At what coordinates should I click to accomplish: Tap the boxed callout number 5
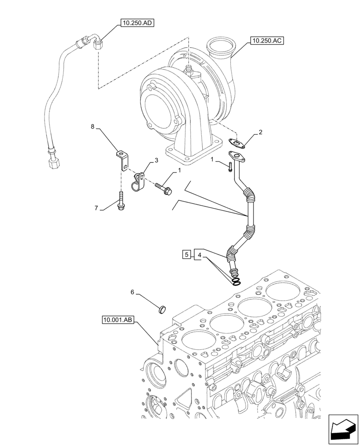(x=187, y=255)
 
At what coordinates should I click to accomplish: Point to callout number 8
(x=93, y=127)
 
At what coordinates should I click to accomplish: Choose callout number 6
(x=132, y=292)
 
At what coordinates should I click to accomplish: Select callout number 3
(x=156, y=160)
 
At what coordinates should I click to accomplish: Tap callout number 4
(x=200, y=255)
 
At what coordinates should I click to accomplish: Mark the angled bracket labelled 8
(x=121, y=159)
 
